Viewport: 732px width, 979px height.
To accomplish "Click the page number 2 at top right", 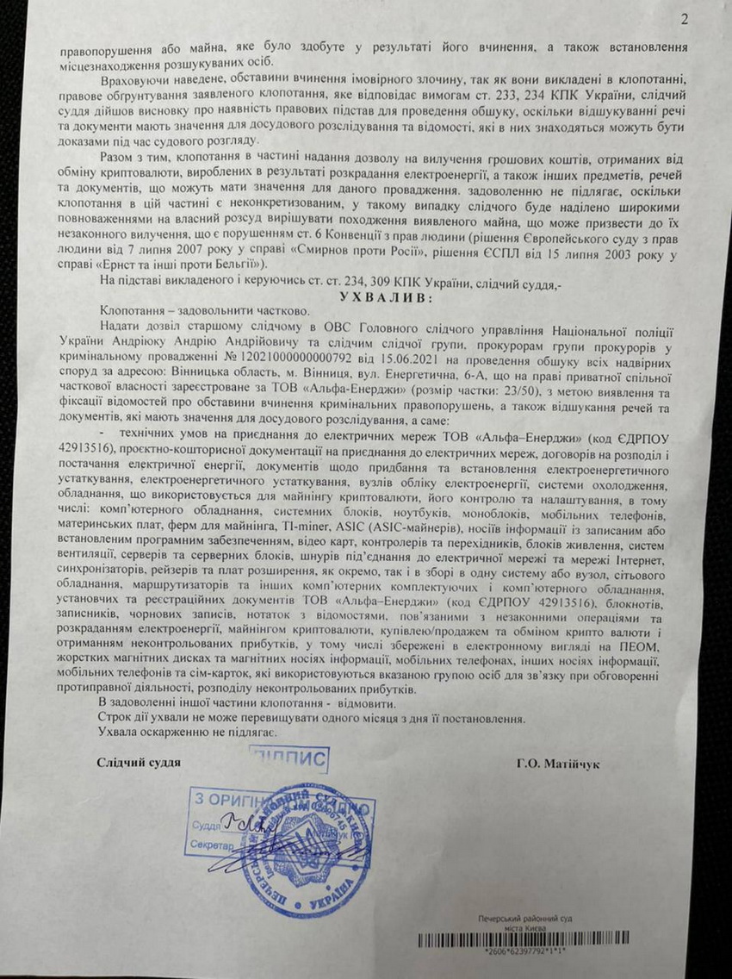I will (685, 18).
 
